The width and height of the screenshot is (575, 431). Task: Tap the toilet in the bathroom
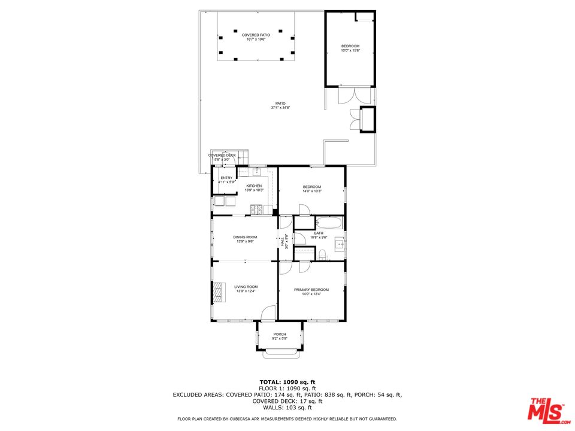pyautogui.click(x=323, y=255)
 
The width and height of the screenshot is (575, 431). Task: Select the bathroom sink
pyautogui.click(x=339, y=243)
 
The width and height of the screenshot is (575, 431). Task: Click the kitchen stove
pyautogui.click(x=257, y=210)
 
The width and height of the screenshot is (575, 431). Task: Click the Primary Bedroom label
pyautogui.click(x=311, y=290)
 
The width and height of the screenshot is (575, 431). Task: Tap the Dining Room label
pyautogui.click(x=246, y=237)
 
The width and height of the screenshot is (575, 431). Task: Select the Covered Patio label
pyautogui.click(x=256, y=35)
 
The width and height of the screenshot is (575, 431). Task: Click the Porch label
pyautogui.click(x=280, y=334)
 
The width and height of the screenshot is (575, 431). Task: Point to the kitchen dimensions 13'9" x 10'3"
pyautogui.click(x=254, y=190)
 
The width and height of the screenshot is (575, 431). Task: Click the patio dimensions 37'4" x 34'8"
pyautogui.click(x=279, y=108)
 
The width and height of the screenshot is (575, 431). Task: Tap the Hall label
pyautogui.click(x=282, y=241)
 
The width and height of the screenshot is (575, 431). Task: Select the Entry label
pyautogui.click(x=226, y=178)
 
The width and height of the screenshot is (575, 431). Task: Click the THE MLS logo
pyautogui.click(x=545, y=408)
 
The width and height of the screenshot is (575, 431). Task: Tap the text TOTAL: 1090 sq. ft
pyautogui.click(x=287, y=382)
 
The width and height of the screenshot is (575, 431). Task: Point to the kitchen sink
pyautogui.click(x=256, y=172)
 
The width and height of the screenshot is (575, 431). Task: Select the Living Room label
pyautogui.click(x=246, y=287)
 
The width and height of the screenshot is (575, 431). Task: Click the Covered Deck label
pyautogui.click(x=222, y=155)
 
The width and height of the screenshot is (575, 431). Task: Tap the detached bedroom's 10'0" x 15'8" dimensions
pyautogui.click(x=350, y=51)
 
